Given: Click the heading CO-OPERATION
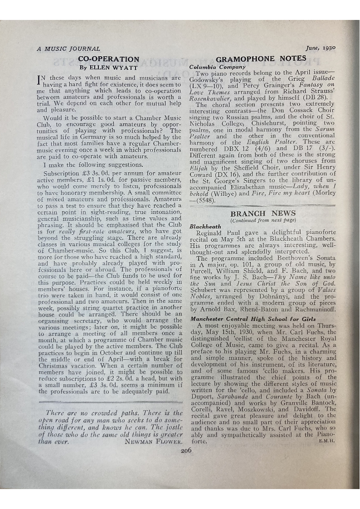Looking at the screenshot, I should click(x=109, y=59).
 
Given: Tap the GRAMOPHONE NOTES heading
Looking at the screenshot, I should click(x=261, y=59).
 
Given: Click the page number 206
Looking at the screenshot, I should click(x=187, y=451).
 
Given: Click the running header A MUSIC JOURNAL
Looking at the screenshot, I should click(x=68, y=48).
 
